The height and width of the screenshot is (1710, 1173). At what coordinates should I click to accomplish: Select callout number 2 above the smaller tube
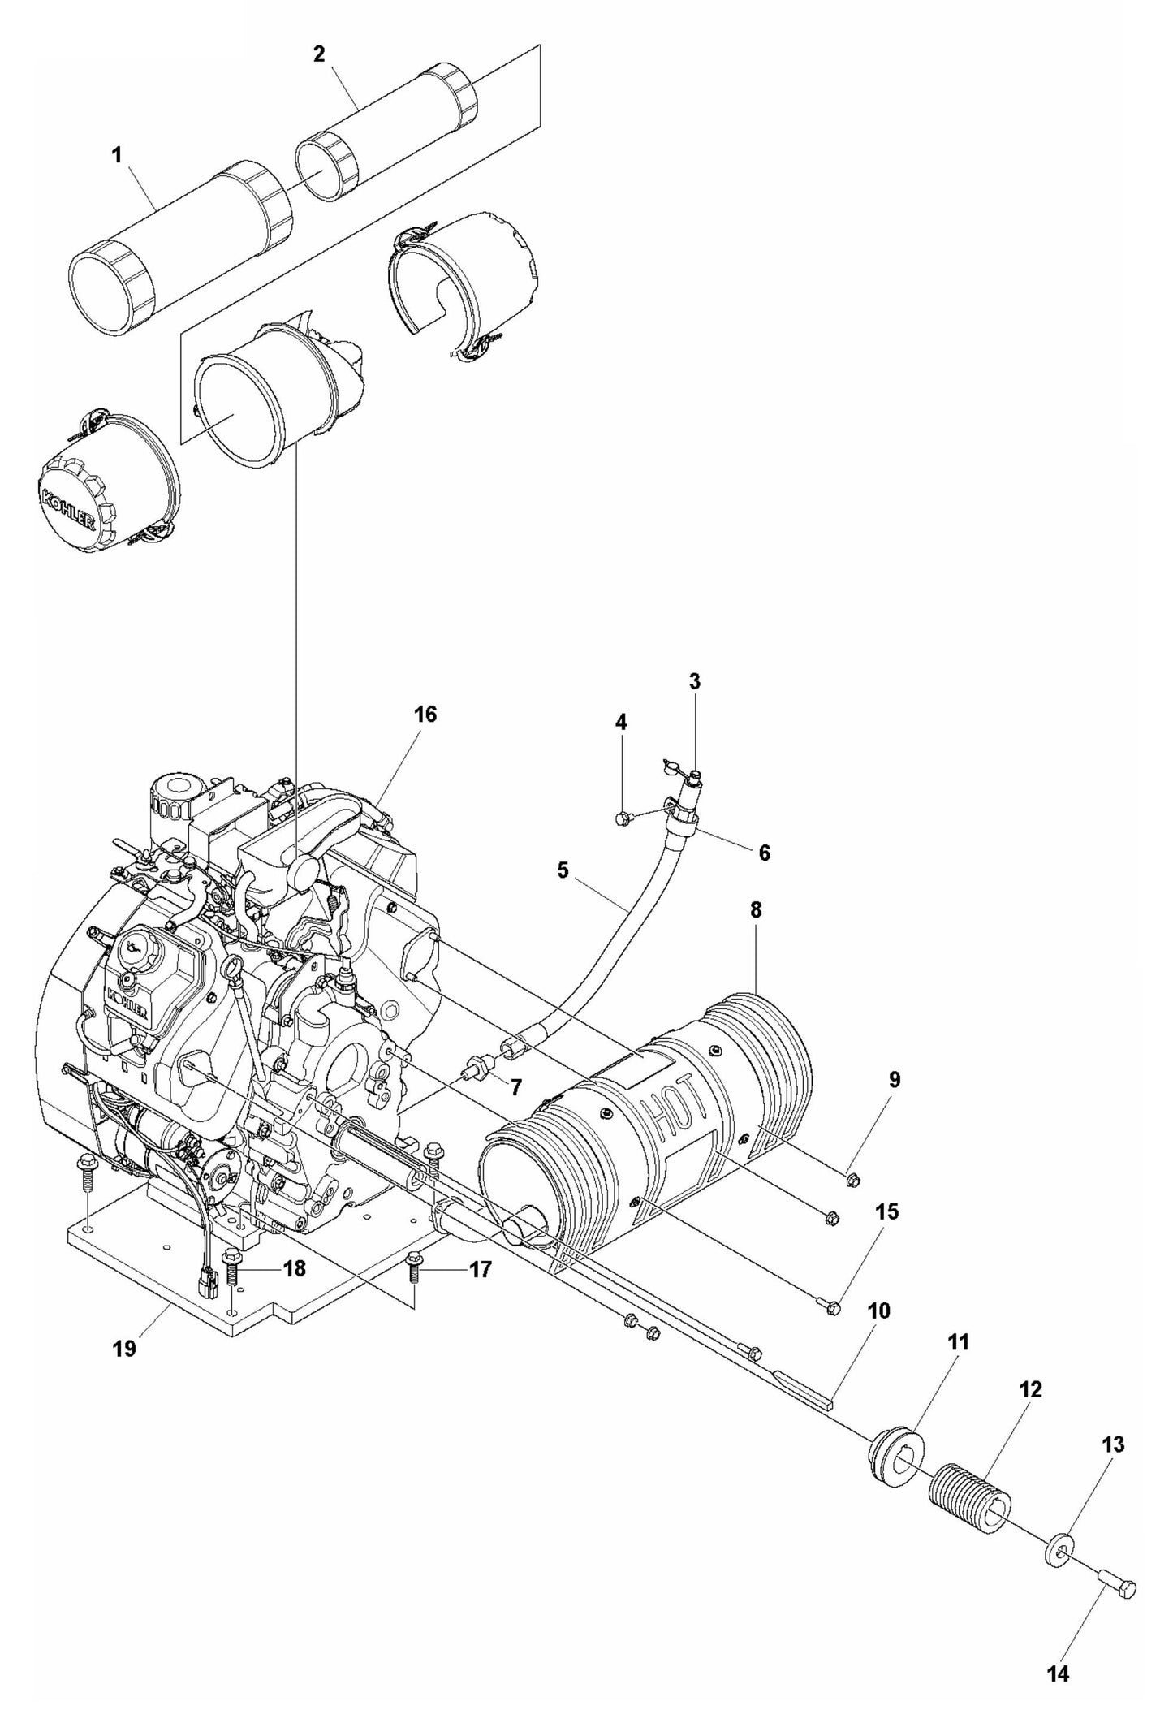coord(318,54)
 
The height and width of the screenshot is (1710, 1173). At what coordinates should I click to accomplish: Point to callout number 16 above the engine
coord(425,715)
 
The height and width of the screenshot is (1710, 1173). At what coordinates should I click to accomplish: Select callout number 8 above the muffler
coord(755,909)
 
